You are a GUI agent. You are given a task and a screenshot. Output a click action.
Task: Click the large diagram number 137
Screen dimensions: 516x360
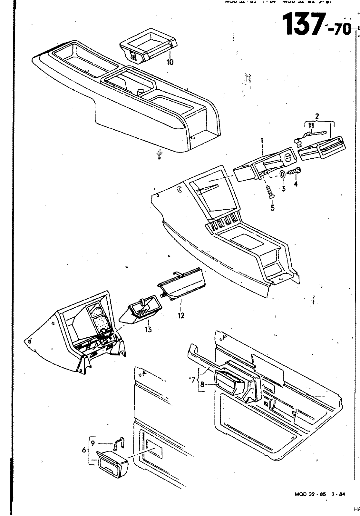(303, 24)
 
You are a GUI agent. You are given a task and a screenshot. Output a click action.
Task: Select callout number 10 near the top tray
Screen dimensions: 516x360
(170, 62)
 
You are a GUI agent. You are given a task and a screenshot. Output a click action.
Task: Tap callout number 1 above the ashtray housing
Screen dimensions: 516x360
(262, 141)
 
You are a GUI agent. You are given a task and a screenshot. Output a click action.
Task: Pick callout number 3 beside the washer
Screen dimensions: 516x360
(283, 188)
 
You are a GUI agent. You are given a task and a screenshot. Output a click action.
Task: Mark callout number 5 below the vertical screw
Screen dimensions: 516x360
(273, 208)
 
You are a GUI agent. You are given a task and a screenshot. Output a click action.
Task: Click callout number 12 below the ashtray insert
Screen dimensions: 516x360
(181, 316)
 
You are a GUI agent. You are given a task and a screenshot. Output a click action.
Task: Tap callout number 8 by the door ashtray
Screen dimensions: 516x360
(202, 384)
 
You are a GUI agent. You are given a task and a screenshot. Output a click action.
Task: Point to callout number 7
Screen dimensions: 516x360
(193, 380)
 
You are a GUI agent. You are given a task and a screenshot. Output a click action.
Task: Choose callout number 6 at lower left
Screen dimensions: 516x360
(84, 450)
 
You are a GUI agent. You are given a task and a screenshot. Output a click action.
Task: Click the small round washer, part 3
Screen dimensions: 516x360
(282, 174)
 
